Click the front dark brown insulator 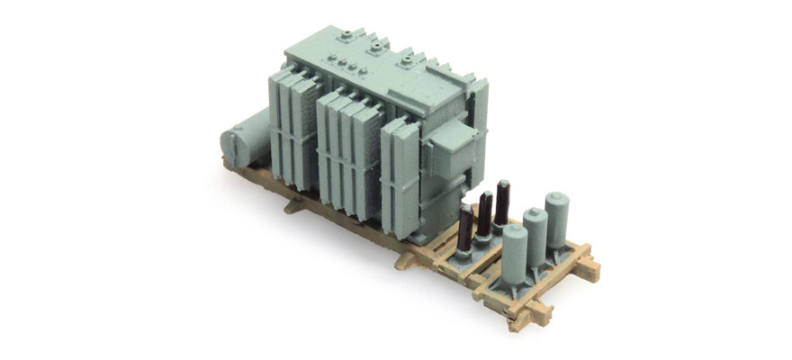[465, 231]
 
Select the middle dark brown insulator [484, 216]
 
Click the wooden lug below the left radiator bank [292, 206]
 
